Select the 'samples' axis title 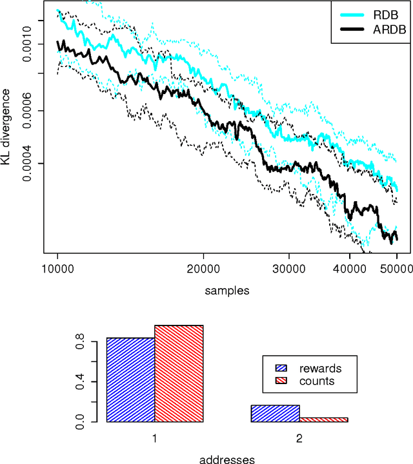[227, 291]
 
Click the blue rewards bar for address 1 [130, 380]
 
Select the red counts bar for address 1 [179, 374]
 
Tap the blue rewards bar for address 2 [275, 414]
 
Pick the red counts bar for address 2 [323, 420]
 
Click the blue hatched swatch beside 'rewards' [281, 369]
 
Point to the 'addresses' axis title [227, 459]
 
